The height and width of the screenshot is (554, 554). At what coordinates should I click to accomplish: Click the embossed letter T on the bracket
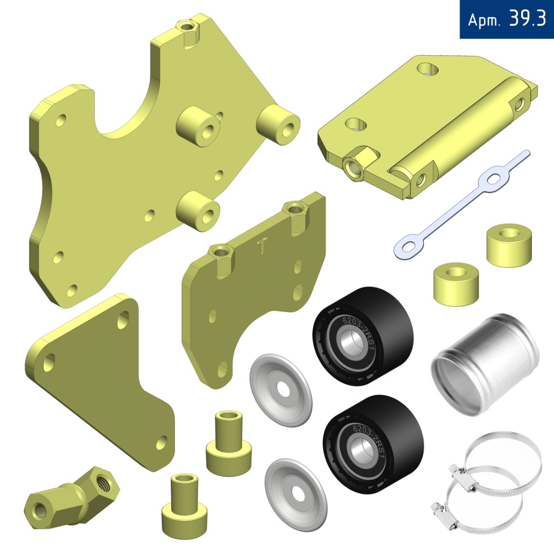262,245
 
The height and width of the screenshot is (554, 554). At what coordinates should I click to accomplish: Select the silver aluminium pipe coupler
485,364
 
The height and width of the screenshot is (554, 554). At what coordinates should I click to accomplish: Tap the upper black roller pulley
363,336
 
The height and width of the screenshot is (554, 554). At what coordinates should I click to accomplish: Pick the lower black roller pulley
373,444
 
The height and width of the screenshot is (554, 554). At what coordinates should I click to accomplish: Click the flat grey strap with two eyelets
462,205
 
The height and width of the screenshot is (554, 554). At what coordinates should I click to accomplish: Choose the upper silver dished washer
281,390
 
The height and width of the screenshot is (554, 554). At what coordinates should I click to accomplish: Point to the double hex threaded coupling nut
72,497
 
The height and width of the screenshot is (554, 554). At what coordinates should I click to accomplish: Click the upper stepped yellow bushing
229,443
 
